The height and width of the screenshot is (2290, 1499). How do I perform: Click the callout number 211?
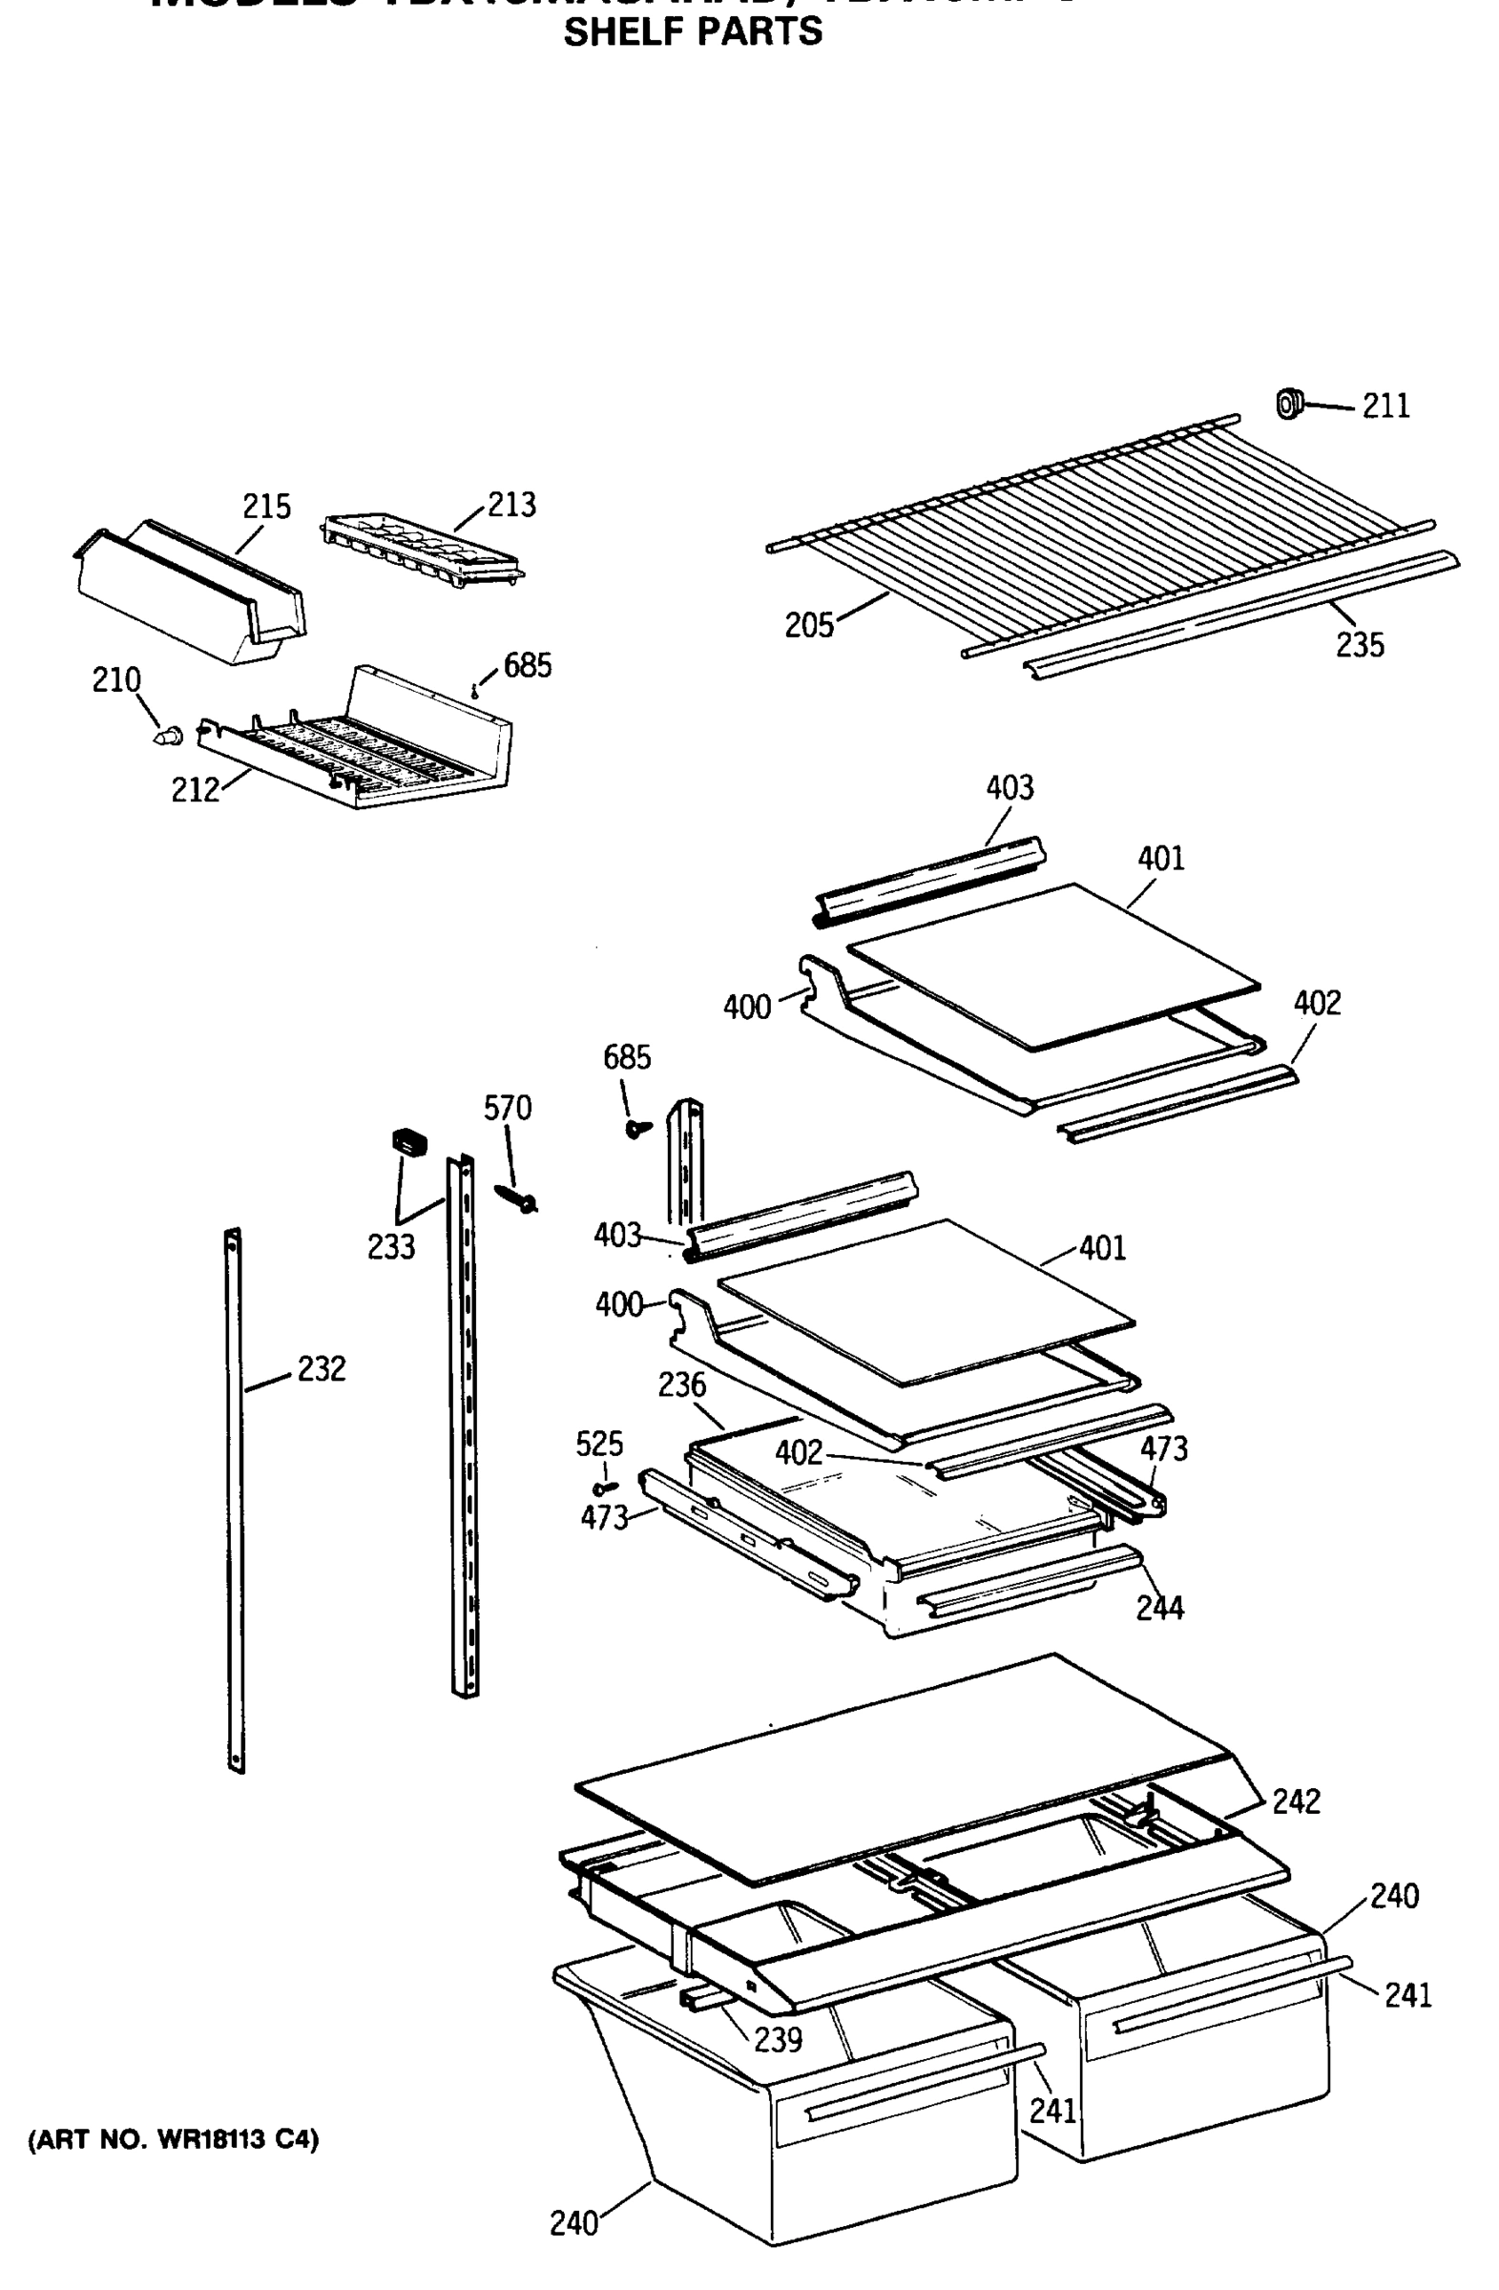(x=1385, y=407)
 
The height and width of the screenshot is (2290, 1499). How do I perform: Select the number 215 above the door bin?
(x=266, y=506)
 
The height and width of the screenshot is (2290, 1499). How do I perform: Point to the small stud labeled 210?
(x=169, y=736)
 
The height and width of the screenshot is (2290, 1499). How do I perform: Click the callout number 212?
(x=196, y=790)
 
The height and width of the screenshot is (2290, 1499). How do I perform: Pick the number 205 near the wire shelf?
(x=809, y=625)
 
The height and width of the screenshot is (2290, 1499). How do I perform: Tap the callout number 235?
(x=1360, y=645)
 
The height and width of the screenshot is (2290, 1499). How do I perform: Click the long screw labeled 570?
(x=517, y=1197)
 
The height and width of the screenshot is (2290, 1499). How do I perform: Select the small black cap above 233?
(x=409, y=1143)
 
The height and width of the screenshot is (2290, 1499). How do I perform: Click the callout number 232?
(x=322, y=1368)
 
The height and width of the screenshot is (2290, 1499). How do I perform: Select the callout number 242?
(x=1296, y=1801)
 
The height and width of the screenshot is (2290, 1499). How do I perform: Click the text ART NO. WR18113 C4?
(x=174, y=2141)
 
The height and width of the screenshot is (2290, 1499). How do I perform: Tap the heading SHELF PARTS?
(x=693, y=32)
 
